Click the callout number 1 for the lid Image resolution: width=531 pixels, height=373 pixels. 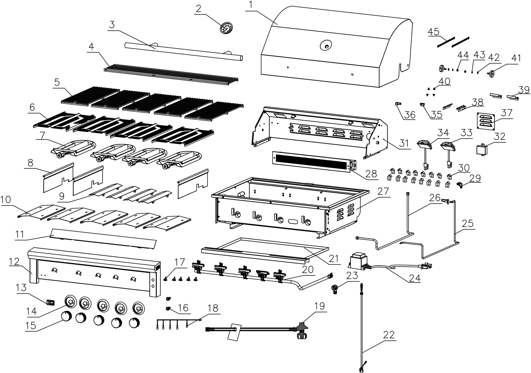[251, 5]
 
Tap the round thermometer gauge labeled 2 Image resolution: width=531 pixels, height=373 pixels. [225, 28]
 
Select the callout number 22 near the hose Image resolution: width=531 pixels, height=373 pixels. [389, 334]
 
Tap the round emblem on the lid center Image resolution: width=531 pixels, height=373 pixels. [325, 45]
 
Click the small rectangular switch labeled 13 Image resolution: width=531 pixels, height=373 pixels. [50, 302]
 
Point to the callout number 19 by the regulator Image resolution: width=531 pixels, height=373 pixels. [319, 306]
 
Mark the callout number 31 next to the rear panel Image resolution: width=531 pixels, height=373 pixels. [404, 143]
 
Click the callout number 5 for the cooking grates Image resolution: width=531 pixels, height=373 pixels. [57, 82]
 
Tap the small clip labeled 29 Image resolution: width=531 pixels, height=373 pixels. [460, 184]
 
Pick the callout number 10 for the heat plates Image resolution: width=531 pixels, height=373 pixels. [6, 200]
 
